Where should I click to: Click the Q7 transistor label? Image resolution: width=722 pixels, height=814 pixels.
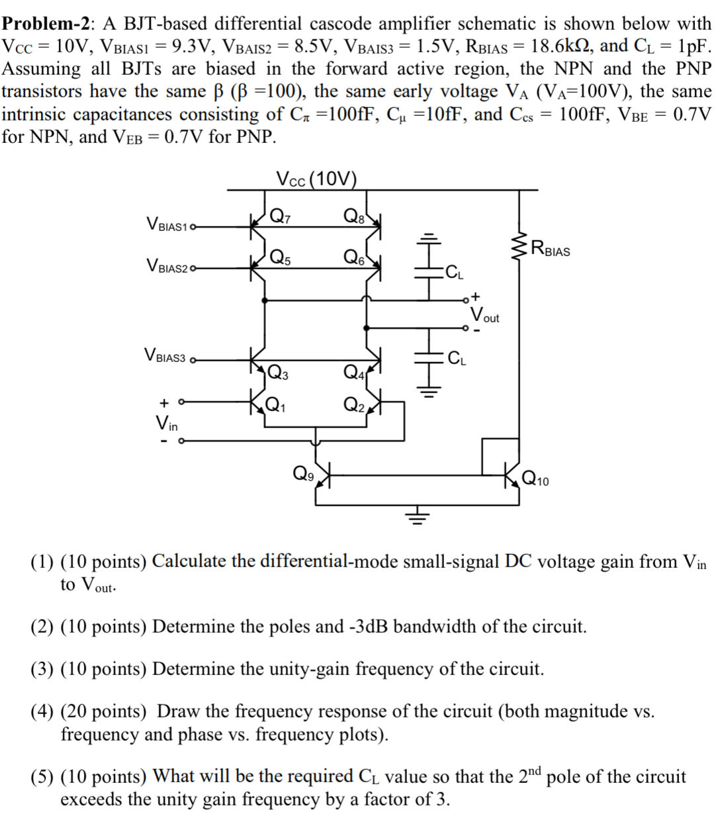281,215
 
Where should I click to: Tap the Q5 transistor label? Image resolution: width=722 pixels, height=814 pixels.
281,257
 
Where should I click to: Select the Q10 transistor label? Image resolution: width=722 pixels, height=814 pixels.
535,478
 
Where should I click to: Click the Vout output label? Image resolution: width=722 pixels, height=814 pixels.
484,315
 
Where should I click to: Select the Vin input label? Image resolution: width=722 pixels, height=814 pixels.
166,422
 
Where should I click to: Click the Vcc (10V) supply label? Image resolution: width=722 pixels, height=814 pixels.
316,179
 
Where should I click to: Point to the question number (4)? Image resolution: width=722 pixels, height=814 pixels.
42,711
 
